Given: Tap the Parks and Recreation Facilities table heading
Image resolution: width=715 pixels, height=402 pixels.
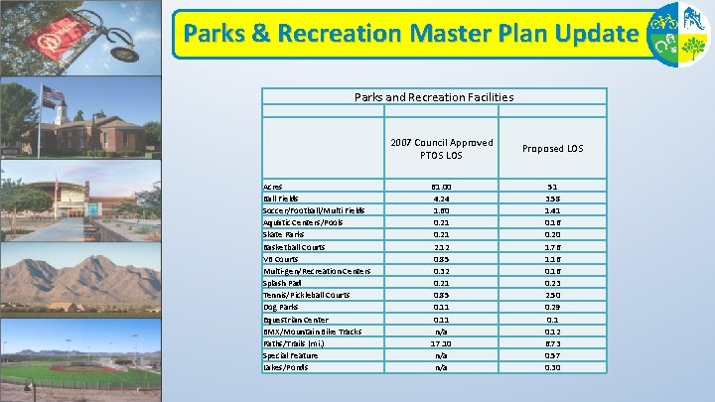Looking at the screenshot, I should tap(434, 97).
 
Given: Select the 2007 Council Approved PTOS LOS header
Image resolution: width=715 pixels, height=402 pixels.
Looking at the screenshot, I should tap(441, 149).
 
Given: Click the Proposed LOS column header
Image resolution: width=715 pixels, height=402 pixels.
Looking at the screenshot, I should tap(552, 149).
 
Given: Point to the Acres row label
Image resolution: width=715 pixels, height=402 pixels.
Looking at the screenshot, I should tap(272, 186).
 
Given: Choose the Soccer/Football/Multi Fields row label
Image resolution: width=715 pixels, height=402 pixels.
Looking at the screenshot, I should tap(314, 209).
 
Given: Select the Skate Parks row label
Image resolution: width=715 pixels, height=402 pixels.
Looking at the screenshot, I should tap(284, 234).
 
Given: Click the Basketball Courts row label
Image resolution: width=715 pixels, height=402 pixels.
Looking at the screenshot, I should tap(294, 246).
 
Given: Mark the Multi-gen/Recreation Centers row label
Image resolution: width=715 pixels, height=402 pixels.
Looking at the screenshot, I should tap(316, 270).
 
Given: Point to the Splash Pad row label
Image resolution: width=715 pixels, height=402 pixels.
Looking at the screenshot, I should tap(284, 283).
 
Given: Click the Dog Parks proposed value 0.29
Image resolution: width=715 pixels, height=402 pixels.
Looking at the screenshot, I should tap(552, 307).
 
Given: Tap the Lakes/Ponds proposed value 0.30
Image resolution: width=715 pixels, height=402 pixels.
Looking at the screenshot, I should tap(552, 367).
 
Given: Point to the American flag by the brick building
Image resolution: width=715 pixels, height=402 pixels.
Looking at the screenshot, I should tap(53, 96).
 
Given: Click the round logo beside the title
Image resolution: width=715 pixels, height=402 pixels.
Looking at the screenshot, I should tap(678, 34).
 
